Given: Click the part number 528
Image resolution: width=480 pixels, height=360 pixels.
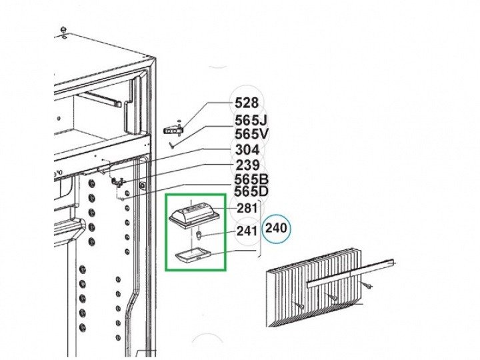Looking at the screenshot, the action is (247, 103).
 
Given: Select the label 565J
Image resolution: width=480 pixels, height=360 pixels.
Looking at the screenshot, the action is (251, 120).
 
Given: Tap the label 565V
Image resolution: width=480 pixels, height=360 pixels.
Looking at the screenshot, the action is (251, 134).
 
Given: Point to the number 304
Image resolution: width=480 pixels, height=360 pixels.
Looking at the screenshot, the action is (247, 150).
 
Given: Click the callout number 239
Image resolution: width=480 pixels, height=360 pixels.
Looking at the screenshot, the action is (247, 165).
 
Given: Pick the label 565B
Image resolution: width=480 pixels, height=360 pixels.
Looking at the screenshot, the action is (251, 179).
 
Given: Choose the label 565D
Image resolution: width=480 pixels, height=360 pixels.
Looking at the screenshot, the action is (251, 191).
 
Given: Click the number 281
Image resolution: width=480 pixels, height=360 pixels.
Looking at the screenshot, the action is (247, 208).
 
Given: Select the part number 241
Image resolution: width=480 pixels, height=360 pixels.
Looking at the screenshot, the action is (247, 231).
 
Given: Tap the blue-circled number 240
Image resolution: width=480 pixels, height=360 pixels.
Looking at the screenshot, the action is (276, 229).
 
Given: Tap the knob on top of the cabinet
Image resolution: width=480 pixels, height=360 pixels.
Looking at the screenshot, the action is (64, 30).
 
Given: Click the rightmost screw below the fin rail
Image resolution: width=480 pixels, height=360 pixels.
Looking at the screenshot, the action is (366, 285).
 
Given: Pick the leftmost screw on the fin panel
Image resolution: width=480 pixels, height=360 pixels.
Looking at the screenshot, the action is (298, 304).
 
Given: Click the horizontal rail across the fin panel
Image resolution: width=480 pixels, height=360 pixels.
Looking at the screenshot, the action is (350, 273).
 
